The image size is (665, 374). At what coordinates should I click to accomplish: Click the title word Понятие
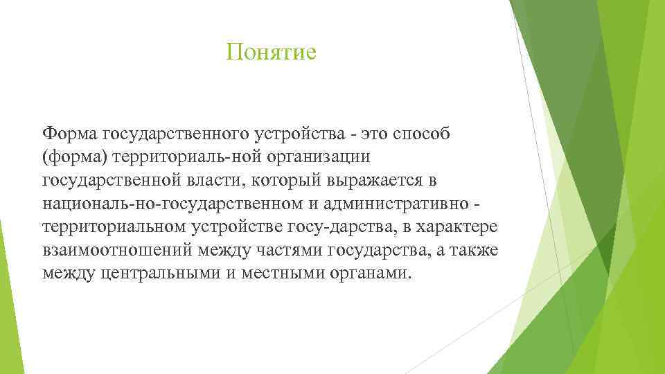coord(271,53)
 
